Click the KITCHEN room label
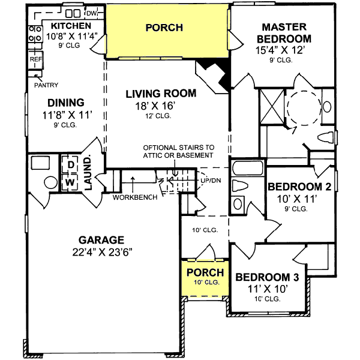click(71, 26)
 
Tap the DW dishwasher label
click(91, 13)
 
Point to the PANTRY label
click(46, 85)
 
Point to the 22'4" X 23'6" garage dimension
click(100, 251)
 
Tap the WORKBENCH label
click(134, 197)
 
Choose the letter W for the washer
click(69, 181)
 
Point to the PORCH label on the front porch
click(205, 273)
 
